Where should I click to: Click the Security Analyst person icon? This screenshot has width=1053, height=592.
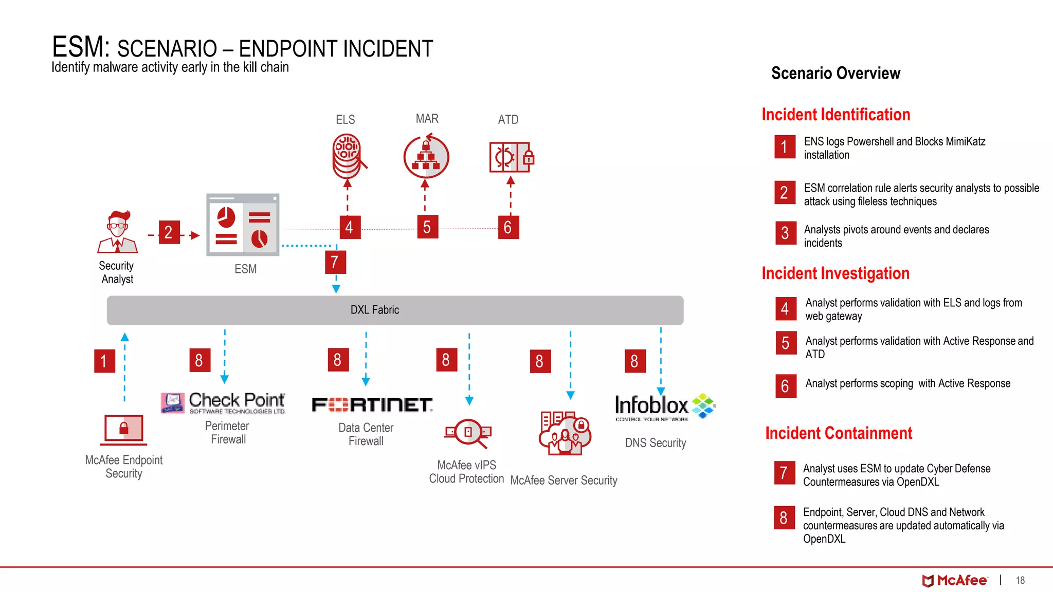coord(118,232)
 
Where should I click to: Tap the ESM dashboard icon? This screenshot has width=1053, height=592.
coord(243,225)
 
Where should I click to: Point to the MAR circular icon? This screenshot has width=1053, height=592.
coord(426,157)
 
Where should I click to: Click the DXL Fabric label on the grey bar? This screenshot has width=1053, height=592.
coord(374,310)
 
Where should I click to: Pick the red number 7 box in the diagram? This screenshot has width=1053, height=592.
coord(335,262)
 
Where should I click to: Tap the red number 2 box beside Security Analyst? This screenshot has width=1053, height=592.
coord(169,232)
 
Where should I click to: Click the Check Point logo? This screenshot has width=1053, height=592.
coord(223,403)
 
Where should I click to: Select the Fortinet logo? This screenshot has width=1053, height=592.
coord(372,405)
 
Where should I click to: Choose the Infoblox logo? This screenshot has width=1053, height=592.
coord(665,406)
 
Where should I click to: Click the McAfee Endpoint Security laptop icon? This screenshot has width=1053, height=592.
coord(124,430)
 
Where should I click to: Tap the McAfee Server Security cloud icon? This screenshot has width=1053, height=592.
coord(565,433)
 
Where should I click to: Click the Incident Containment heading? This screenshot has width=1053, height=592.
coord(839,433)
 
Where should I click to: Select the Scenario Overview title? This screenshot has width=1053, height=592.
coord(836,73)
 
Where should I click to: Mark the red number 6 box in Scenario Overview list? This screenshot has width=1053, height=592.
coord(785,386)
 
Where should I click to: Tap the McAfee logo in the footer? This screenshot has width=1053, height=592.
coord(954,581)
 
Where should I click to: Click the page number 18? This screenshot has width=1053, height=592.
coord(1020,581)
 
